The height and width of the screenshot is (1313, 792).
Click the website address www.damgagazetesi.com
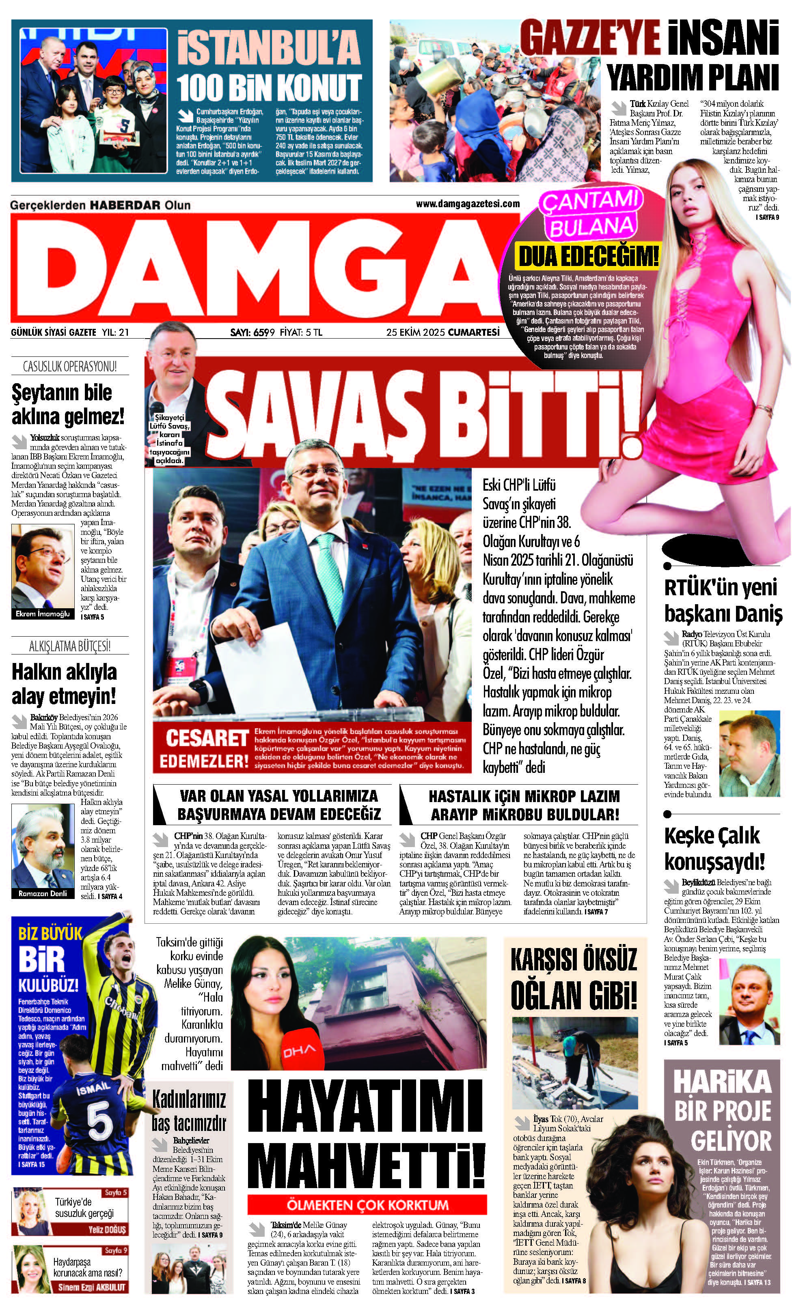(467, 204)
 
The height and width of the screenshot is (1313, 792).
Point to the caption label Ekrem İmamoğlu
(43, 614)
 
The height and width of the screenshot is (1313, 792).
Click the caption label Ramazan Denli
(43, 894)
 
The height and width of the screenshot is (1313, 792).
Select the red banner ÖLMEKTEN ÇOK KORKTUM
(367, 1206)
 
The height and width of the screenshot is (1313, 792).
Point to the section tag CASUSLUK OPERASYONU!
(70, 367)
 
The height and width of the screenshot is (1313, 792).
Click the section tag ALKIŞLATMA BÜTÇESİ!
(70, 646)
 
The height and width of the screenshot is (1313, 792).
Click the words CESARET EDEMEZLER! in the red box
(205, 749)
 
